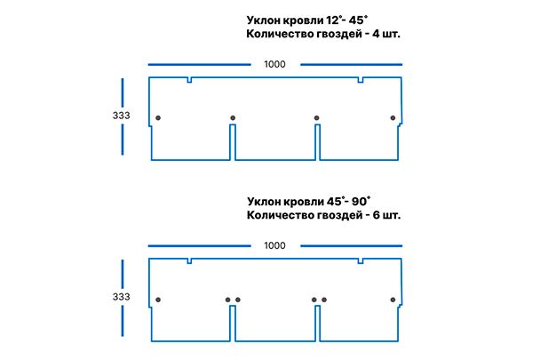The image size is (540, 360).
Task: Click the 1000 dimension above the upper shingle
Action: point(275,64)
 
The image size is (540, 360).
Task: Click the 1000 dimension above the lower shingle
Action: point(275,245)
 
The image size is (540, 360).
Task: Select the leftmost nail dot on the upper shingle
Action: point(158,118)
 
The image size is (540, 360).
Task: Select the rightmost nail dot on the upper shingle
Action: point(393,118)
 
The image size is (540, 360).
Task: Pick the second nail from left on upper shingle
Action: point(233,118)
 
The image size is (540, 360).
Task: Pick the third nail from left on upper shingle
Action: point(317,118)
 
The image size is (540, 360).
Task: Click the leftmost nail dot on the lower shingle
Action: point(158,300)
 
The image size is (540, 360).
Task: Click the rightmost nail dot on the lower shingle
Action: point(393,300)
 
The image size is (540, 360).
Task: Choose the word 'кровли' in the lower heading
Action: point(295,201)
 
